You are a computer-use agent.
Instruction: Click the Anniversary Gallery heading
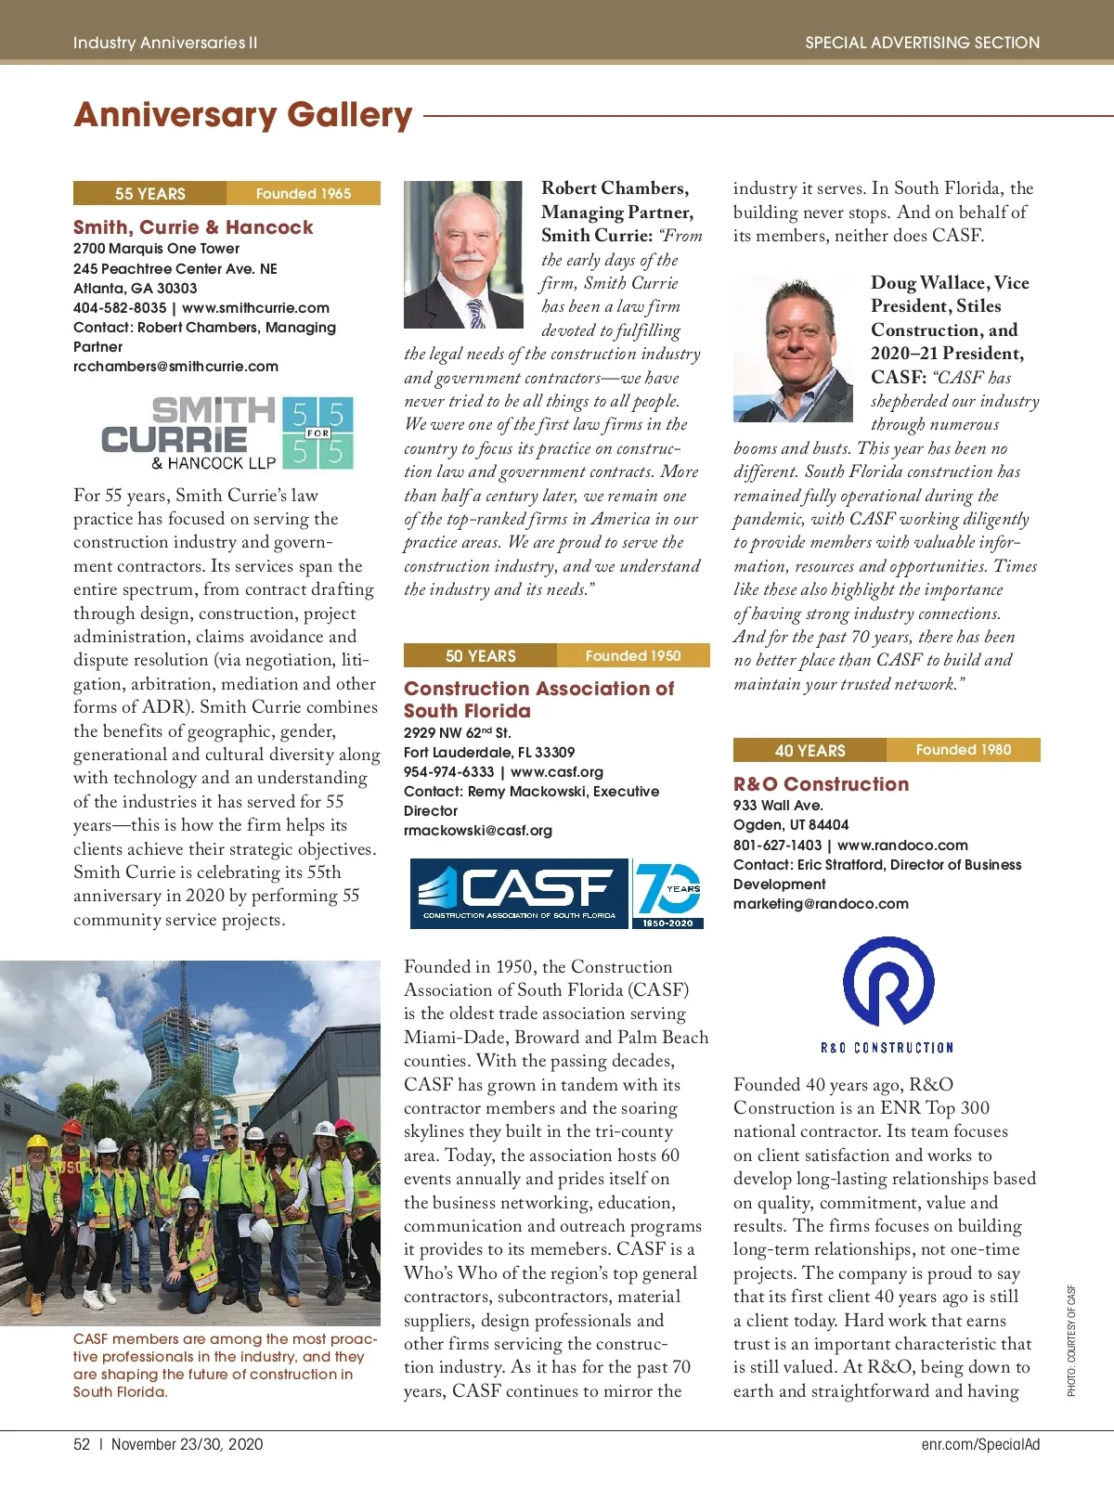(x=243, y=115)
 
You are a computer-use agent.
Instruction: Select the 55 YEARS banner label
(x=150, y=193)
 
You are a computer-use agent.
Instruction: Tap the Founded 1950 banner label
(x=633, y=655)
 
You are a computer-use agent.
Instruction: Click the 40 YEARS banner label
(x=810, y=750)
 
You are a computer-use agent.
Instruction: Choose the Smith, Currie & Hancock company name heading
(x=193, y=227)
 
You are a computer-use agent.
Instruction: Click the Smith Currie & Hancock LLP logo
(x=227, y=434)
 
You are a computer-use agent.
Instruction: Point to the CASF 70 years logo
(x=557, y=894)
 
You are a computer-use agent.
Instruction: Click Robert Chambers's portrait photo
(x=463, y=254)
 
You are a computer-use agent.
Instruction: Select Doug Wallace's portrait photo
(x=793, y=348)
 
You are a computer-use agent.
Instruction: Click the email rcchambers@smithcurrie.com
(x=175, y=367)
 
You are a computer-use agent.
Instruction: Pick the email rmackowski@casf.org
(x=477, y=831)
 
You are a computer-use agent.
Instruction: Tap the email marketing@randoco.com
(x=821, y=904)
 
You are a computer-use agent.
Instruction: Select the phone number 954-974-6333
(x=448, y=772)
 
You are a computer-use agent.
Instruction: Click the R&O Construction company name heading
(x=821, y=784)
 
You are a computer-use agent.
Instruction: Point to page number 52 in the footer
(x=82, y=1444)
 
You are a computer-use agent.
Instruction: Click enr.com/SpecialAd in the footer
(x=980, y=1444)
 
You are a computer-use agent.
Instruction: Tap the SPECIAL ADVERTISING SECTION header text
(x=922, y=43)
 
